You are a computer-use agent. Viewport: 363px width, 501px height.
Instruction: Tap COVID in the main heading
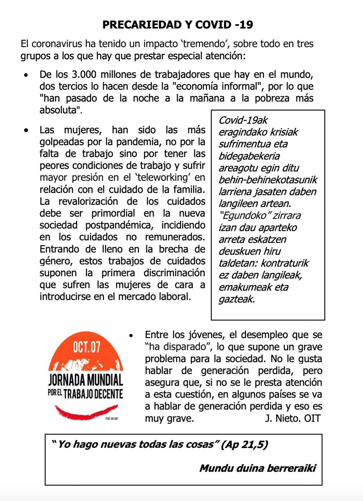click(x=213, y=25)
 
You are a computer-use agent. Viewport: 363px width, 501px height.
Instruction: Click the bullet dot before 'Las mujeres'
click(x=26, y=130)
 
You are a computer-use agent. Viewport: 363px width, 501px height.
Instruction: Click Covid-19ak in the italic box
click(x=243, y=120)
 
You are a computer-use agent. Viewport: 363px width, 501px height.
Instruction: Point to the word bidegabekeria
click(x=249, y=156)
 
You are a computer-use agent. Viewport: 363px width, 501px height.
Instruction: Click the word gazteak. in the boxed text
click(x=237, y=299)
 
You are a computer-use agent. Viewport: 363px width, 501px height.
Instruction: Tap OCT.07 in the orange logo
click(x=87, y=347)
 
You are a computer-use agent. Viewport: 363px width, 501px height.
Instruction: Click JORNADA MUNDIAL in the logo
click(x=86, y=380)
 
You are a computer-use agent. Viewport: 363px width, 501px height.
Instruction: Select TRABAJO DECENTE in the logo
click(x=93, y=394)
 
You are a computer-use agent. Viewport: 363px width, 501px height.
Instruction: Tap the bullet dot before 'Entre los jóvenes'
click(x=131, y=336)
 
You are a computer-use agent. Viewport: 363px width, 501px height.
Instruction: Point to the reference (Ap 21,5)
click(x=244, y=445)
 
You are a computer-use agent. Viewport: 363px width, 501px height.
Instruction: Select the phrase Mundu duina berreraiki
click(x=257, y=468)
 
